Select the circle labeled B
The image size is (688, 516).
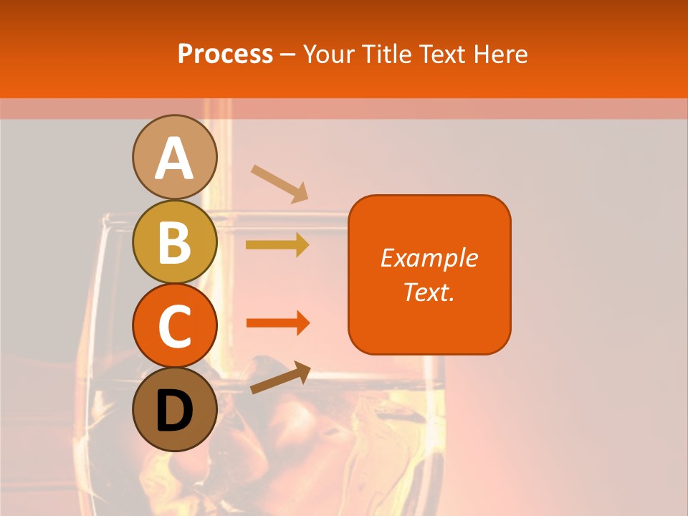pyautogui.click(x=174, y=242)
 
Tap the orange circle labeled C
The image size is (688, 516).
pyautogui.click(x=174, y=326)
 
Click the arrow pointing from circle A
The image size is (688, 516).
pyautogui.click(x=279, y=183)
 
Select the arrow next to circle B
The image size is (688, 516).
pyautogui.click(x=277, y=245)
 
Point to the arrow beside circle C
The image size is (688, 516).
pyautogui.click(x=277, y=323)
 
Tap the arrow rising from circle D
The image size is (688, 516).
pyautogui.click(x=280, y=378)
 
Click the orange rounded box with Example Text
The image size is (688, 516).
pyautogui.click(x=429, y=274)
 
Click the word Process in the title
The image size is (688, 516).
pyautogui.click(x=225, y=54)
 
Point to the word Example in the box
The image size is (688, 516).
pyautogui.click(x=429, y=258)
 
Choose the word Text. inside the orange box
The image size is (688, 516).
pyautogui.click(x=429, y=292)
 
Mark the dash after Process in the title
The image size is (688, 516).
pyautogui.click(x=287, y=54)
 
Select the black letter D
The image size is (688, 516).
pyautogui.click(x=174, y=411)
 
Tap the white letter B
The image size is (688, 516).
pyautogui.click(x=174, y=242)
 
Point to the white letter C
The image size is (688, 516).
pyautogui.click(x=174, y=326)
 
